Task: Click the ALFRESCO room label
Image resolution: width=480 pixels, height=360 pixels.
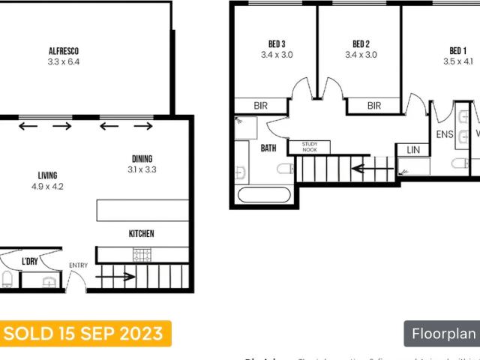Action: tap(64, 52)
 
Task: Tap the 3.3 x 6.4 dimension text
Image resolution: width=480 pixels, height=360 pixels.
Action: tap(64, 62)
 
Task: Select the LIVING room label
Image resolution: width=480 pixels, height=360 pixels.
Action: tap(47, 175)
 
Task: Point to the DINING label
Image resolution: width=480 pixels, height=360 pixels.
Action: tap(142, 158)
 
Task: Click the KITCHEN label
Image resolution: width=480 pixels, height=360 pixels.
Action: tap(141, 234)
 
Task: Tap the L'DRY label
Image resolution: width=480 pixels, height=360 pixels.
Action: tap(30, 261)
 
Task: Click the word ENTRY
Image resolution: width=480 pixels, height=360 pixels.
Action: tap(78, 265)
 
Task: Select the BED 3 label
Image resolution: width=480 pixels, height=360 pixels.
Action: tap(277, 43)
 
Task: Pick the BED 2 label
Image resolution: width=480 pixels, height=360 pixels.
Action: tap(361, 43)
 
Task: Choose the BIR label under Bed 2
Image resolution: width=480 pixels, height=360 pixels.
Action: tap(373, 106)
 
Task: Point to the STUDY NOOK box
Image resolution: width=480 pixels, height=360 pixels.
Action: tap(310, 147)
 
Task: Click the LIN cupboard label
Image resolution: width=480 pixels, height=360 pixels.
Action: tap(413, 150)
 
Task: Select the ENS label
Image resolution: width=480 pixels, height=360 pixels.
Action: tap(445, 135)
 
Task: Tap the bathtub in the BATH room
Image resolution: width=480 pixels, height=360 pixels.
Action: tap(263, 196)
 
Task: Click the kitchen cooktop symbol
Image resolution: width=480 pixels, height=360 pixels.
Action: tap(142, 255)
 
